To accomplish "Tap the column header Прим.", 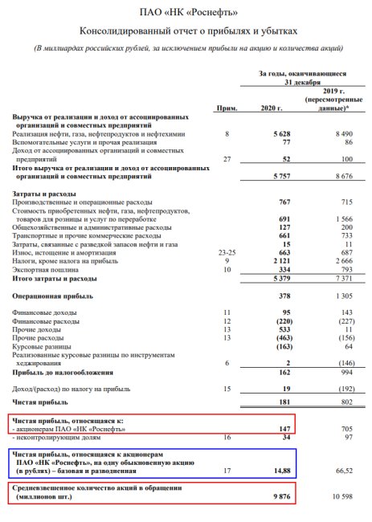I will [x=227, y=108].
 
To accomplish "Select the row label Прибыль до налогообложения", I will [x=67, y=373].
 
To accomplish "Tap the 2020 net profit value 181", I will [x=280, y=400].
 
